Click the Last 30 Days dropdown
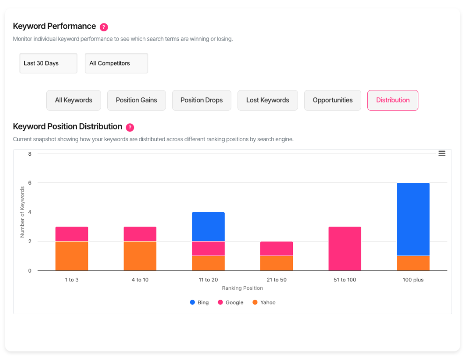[x=48, y=63]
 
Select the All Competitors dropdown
[x=116, y=63]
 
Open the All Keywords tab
[x=73, y=100]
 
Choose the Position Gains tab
[x=136, y=100]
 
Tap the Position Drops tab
[x=202, y=100]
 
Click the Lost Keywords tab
[x=267, y=100]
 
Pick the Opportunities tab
[x=332, y=100]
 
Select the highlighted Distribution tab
[x=393, y=100]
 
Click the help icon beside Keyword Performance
[x=104, y=27]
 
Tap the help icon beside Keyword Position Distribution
[x=130, y=127]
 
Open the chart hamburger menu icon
[x=441, y=153]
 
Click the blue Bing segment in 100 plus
[x=413, y=219]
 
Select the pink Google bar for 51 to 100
[x=345, y=249]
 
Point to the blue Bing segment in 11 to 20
[x=208, y=227]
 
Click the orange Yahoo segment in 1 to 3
[x=72, y=256]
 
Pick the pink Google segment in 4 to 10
[x=140, y=234]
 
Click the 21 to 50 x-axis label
[x=277, y=280]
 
